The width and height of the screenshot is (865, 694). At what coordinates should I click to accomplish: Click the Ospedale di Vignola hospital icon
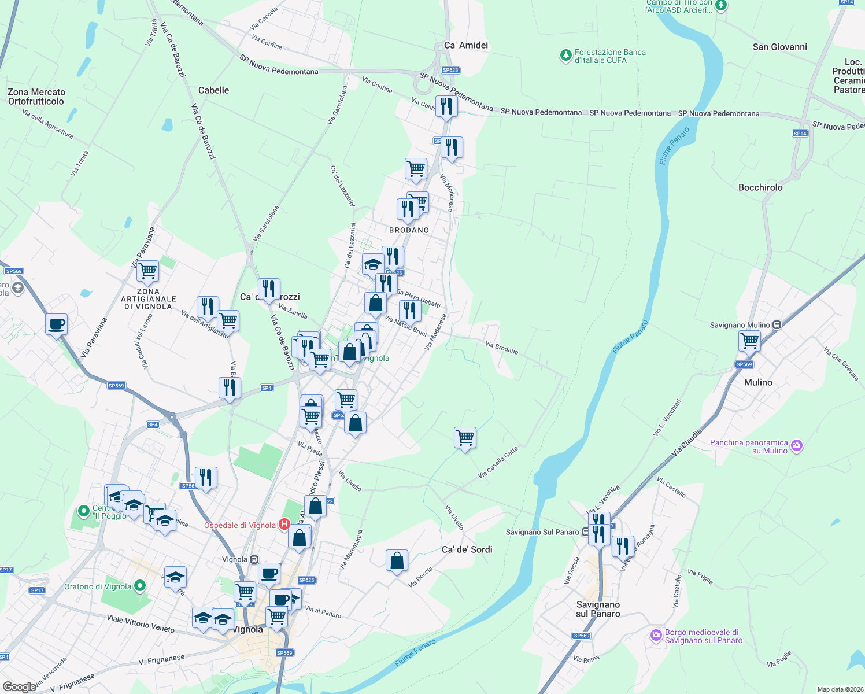284,525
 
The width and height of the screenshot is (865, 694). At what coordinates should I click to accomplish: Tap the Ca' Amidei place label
466,45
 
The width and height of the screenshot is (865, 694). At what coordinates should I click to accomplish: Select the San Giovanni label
779,47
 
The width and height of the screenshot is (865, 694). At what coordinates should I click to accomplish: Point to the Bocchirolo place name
760,187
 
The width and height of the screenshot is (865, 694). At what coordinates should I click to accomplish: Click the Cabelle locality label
213,90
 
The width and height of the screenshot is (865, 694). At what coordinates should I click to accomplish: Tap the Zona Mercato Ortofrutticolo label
36,97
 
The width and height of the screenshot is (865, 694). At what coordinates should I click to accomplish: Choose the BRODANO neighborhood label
409,230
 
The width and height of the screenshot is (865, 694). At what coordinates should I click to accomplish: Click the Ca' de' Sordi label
467,549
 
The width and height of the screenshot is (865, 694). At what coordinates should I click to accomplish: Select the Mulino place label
758,382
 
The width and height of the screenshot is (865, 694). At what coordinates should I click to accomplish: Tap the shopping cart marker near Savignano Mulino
749,341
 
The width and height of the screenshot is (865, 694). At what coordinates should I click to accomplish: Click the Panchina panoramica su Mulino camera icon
797,445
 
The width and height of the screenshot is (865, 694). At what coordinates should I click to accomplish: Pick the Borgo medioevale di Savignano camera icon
656,636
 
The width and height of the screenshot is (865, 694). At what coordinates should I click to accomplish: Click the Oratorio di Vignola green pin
140,586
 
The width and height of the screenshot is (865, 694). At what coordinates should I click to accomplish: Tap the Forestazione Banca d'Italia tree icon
565,56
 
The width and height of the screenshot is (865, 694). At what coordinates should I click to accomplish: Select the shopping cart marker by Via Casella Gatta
465,438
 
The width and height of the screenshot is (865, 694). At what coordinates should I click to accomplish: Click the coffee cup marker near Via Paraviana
56,324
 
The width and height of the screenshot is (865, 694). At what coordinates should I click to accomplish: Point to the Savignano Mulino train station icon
777,325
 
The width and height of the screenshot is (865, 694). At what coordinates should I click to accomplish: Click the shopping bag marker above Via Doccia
397,560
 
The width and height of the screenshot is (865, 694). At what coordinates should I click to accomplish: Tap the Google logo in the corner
20,686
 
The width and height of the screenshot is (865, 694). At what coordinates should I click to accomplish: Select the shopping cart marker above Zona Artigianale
147,271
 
